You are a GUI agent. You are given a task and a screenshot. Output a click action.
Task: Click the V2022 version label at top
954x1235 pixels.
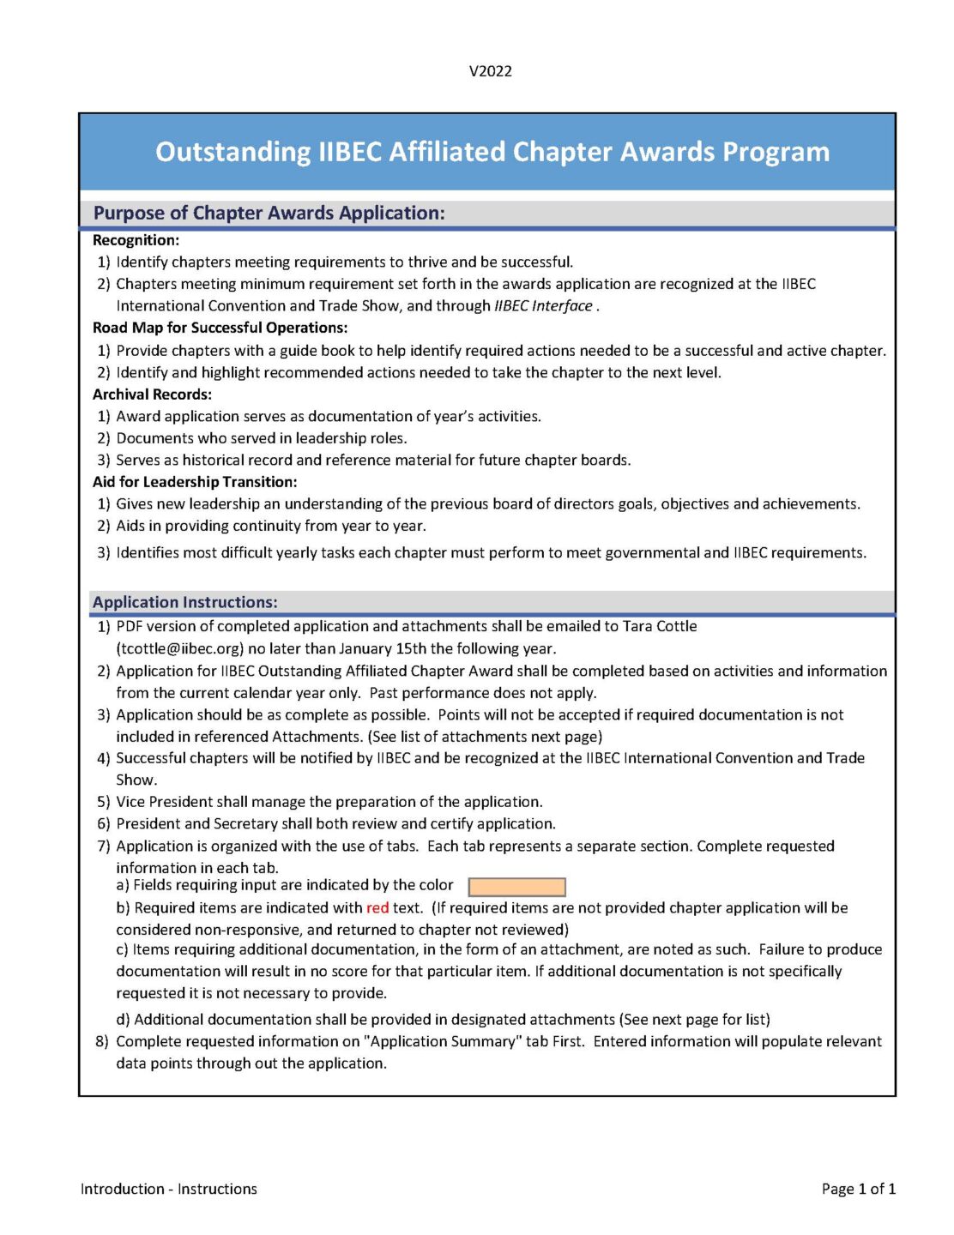point(490,71)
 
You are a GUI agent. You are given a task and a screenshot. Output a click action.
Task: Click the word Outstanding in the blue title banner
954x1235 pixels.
point(232,152)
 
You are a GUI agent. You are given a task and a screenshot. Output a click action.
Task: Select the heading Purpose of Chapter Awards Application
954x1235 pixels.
point(269,213)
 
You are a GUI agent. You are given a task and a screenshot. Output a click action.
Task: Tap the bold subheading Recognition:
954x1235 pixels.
point(136,240)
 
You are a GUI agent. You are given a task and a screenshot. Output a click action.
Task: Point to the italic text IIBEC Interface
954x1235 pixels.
point(543,306)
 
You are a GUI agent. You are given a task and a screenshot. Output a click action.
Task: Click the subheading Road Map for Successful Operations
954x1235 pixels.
point(220,328)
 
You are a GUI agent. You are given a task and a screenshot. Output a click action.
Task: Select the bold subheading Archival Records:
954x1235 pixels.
point(152,395)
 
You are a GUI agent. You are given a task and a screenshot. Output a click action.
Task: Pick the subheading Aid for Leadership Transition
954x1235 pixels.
point(195,482)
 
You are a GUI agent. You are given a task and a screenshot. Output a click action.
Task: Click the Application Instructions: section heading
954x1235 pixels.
point(184,602)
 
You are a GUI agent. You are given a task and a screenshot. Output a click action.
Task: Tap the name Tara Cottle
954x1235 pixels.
point(659,626)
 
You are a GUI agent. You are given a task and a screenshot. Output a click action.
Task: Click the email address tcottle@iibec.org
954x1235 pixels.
point(180,648)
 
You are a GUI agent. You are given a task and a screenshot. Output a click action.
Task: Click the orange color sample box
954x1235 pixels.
point(516,887)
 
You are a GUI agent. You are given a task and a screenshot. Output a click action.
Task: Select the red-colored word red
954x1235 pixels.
point(377,907)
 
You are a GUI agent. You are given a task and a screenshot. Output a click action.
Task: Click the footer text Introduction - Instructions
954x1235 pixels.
point(169,1189)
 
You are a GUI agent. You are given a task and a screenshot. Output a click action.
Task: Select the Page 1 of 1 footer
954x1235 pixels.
point(858,1189)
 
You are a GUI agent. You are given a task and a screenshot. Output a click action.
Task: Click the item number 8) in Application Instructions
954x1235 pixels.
point(102,1041)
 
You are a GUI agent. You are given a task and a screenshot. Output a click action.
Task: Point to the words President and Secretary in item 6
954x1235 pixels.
point(196,823)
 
